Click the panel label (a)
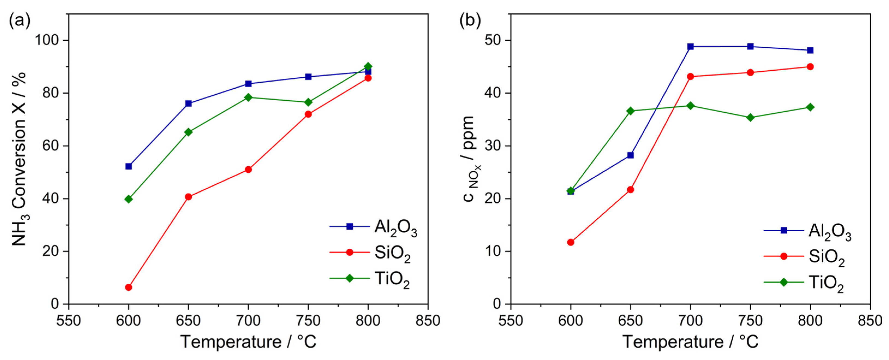coord(20,21)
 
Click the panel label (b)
coord(470,21)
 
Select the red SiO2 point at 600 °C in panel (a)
coord(128,287)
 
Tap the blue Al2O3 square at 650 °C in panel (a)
coord(188,104)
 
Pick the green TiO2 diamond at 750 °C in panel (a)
coord(308,102)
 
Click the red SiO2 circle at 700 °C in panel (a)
coord(248,169)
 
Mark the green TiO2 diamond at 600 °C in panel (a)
coord(128,199)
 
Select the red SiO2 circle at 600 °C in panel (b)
coord(571,242)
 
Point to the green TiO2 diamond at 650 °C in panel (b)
coord(630,111)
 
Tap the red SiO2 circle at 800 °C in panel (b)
coord(810,67)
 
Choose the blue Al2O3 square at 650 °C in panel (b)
coord(630,155)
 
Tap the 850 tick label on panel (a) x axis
coord(428,321)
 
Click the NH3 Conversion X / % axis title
coord(20,159)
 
